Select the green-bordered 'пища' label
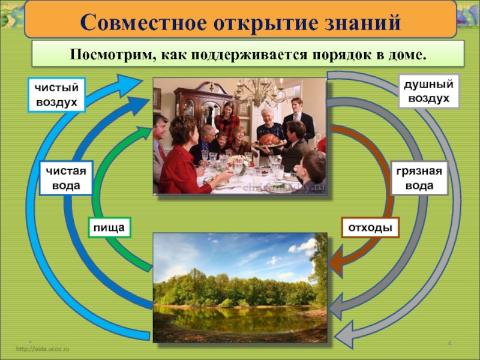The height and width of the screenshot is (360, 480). (109, 227)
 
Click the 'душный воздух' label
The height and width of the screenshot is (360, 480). (429, 91)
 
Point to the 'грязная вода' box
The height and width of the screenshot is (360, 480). (419, 178)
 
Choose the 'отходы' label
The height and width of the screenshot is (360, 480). (370, 227)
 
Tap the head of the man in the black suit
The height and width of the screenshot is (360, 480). (296, 104)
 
